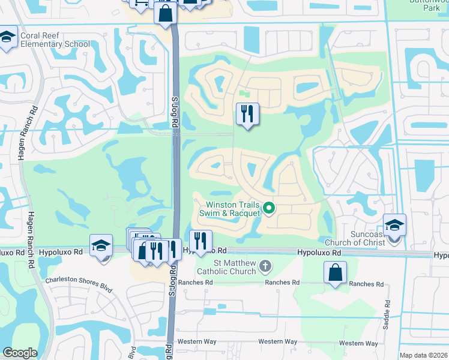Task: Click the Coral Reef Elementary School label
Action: click(55, 40)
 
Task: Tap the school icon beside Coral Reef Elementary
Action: click(7, 39)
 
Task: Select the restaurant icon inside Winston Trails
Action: click(247, 113)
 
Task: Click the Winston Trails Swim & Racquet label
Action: click(234, 209)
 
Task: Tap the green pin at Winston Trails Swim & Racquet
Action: click(269, 209)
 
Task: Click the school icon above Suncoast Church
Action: click(394, 226)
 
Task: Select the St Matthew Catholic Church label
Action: click(234, 268)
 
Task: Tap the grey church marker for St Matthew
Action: click(264, 265)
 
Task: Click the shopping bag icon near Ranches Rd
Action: click(335, 273)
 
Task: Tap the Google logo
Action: click(20, 353)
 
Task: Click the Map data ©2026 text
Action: click(423, 355)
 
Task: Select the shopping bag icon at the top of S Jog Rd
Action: click(165, 13)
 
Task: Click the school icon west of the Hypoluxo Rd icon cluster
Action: click(101, 245)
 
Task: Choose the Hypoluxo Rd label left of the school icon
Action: click(61, 253)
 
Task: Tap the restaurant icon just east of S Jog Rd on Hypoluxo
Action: click(200, 242)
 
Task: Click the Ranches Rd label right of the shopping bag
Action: click(366, 284)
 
